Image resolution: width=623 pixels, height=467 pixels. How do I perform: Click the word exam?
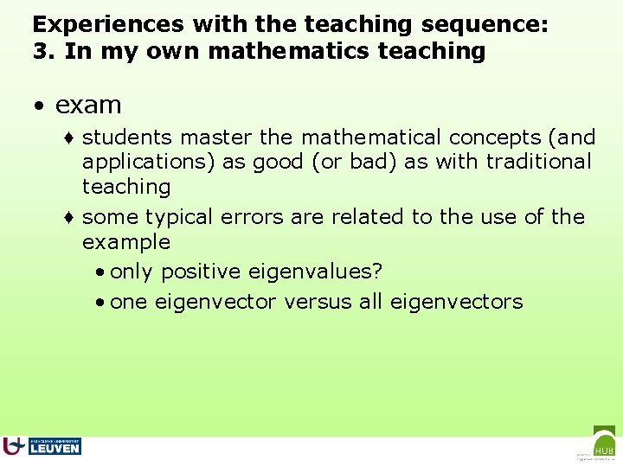tap(88, 106)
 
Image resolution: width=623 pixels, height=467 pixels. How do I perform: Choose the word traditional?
tap(538, 161)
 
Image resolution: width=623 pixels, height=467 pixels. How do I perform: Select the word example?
tap(125, 242)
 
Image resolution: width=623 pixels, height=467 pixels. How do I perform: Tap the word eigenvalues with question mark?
tap(315, 272)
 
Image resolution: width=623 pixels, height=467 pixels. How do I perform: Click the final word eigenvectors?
tap(456, 302)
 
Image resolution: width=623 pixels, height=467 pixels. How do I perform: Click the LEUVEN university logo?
tap(43, 445)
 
